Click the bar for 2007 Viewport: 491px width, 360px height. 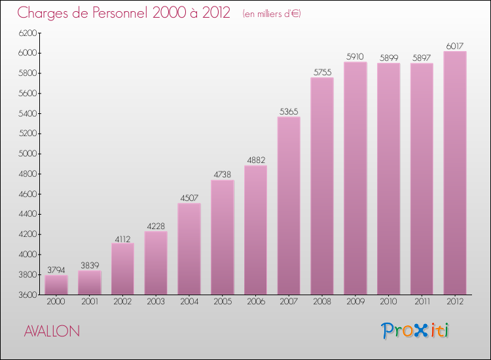point(289,206)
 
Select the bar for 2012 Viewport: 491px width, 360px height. point(455,173)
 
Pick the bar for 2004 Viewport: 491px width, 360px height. point(189,249)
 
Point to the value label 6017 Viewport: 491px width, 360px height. point(455,46)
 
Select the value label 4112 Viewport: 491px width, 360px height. point(122,238)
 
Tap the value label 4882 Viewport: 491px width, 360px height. point(255,160)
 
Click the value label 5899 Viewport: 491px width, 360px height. point(388,58)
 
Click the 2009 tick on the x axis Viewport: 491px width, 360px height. point(355,302)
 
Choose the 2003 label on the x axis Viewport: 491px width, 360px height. point(156,302)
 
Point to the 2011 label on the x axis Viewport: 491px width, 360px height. point(422,302)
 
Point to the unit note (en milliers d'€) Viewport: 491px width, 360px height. point(271,14)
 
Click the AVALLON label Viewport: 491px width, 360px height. point(52,331)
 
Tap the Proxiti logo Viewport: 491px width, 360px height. point(415,331)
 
